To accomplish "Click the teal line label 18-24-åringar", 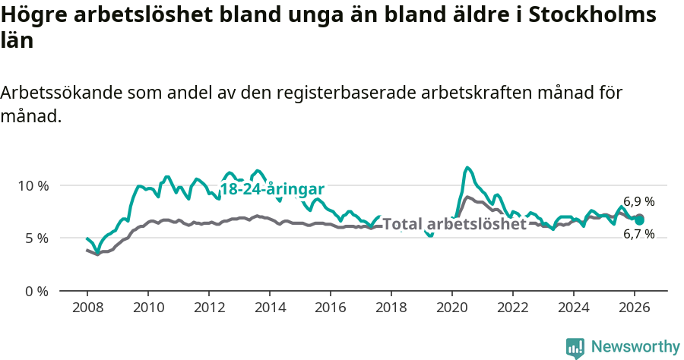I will pos(273,189).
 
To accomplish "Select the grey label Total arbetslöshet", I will pos(454,224).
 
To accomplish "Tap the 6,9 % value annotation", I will pos(638,202).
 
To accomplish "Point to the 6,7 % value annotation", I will pos(638,234).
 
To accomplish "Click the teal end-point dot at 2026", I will pos(639,219).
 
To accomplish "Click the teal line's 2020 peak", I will pos(467,168).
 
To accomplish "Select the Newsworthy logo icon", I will pos(575,347).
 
